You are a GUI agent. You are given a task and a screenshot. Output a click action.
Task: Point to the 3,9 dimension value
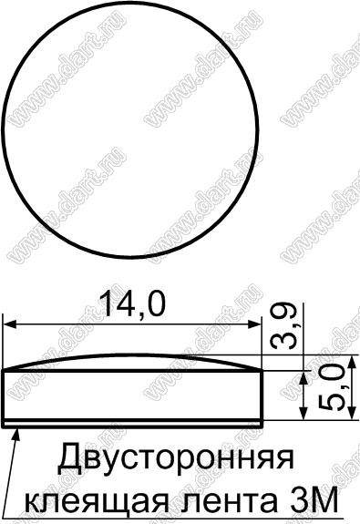[x=283, y=326]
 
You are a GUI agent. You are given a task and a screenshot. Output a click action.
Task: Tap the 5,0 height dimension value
[x=332, y=387]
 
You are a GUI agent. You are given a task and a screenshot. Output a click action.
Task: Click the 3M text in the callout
[x=311, y=499]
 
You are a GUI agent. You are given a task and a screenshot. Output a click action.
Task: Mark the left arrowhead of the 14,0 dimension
[x=9, y=324]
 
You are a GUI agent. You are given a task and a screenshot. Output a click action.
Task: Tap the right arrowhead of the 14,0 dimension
[x=254, y=324]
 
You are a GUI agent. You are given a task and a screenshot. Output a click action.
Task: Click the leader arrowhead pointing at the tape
[x=15, y=436]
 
